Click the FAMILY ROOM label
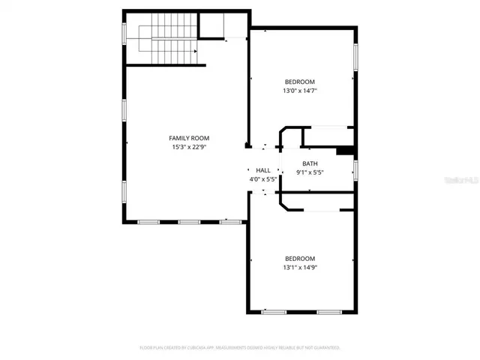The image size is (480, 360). (189, 138)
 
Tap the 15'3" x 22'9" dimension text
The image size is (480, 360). (189, 147)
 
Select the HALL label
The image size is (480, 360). (263, 170)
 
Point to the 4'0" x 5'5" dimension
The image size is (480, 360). (263, 179)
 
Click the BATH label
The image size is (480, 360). (310, 163)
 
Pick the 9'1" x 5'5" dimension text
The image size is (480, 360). (310, 172)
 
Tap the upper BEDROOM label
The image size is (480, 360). (299, 82)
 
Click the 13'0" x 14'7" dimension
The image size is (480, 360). (299, 91)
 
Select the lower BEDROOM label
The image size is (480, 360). (299, 258)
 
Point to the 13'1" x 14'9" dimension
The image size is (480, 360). (299, 267)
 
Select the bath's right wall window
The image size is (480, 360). (356, 170)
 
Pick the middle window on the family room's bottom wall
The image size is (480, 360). (189, 222)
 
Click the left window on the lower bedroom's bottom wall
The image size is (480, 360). (273, 311)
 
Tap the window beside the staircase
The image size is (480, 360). (124, 34)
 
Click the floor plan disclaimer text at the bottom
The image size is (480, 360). (240, 348)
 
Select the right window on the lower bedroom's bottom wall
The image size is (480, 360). (328, 311)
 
